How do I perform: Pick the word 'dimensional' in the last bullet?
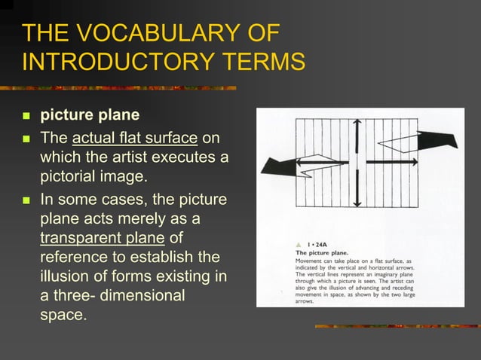[143, 295]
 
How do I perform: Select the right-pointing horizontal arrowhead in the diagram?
[414, 162]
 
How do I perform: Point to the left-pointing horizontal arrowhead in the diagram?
[300, 162]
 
